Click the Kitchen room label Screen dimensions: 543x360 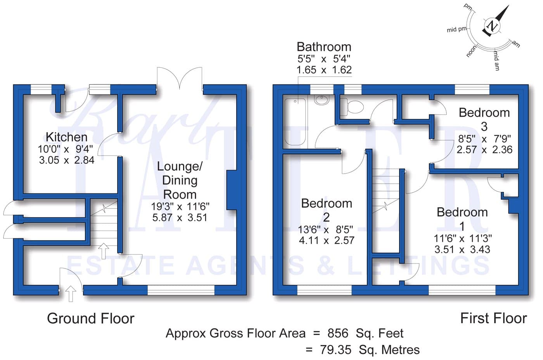(x=67, y=137)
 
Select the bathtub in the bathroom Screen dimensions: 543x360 (x=295, y=122)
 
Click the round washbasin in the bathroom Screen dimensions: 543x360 (x=322, y=100)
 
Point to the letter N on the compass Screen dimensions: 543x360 (x=492, y=26)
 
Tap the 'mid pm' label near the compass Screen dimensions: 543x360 (x=457, y=29)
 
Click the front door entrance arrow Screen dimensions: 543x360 (x=71, y=294)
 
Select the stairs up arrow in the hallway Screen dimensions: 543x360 (x=104, y=251)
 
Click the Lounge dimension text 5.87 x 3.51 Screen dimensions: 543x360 (x=180, y=217)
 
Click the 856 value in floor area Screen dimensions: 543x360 (x=338, y=333)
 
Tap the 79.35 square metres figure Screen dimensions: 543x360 (x=335, y=350)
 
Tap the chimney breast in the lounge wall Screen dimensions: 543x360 (x=232, y=190)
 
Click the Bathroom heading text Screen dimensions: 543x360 (x=324, y=47)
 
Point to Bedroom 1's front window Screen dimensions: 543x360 (x=462, y=290)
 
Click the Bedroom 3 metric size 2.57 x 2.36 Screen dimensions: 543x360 (x=484, y=150)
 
